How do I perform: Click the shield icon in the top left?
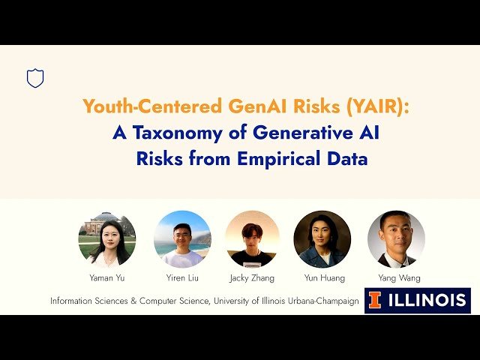point(35,78)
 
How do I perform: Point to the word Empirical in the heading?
point(277,159)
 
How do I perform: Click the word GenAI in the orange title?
point(241,106)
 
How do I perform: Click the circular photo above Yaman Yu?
point(107,239)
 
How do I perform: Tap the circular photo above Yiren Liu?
point(182,239)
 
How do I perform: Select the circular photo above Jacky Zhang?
point(253,239)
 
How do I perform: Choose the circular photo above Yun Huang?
point(322,239)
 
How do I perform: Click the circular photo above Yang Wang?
point(396,239)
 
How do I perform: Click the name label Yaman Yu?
point(106,278)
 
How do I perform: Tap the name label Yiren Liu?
point(182,278)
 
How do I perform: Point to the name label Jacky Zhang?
point(253,278)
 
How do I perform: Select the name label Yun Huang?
point(325,278)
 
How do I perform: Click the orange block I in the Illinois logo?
point(375,301)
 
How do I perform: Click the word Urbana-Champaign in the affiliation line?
point(324,301)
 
